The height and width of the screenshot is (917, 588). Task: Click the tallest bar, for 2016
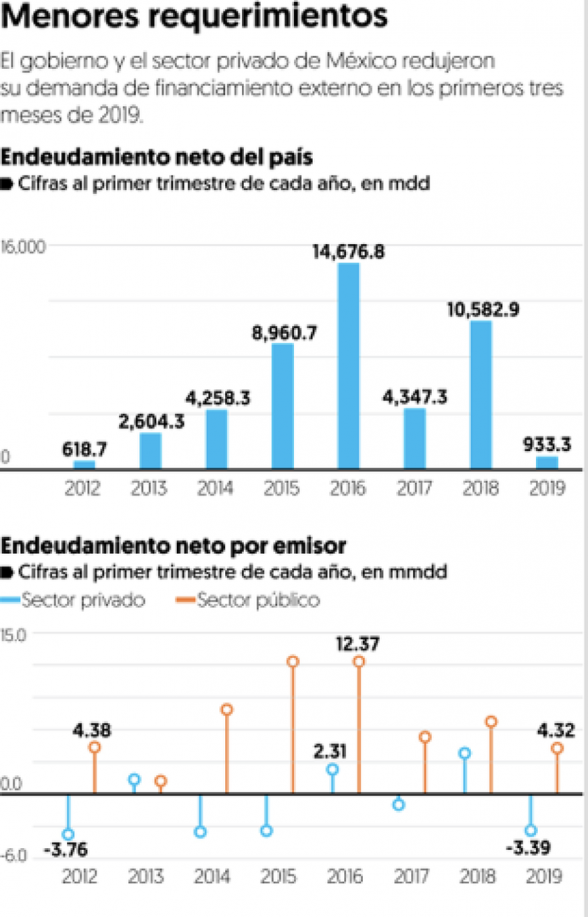[348, 365]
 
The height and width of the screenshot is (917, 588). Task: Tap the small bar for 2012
[85, 464]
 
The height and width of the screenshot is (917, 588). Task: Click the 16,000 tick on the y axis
[24, 246]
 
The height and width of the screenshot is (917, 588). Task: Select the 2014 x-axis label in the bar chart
[217, 488]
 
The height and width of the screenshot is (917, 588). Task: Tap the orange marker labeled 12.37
[359, 662]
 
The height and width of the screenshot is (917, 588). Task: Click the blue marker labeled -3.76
[68, 834]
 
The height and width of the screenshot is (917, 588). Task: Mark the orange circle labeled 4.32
[556, 748]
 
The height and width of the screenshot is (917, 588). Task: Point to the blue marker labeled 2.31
[332, 769]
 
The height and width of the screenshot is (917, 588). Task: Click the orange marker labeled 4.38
[94, 747]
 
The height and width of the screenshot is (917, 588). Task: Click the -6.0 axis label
[14, 856]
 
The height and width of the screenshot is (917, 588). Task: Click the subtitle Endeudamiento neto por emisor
[174, 546]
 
